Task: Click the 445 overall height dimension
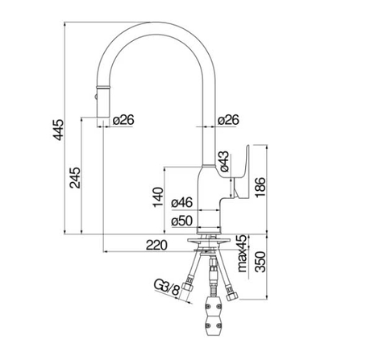(x=57, y=133)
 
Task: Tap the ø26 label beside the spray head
(x=123, y=120)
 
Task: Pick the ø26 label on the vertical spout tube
(x=228, y=120)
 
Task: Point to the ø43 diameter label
(x=225, y=160)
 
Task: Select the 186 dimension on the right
(x=259, y=187)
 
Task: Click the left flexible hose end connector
(x=189, y=289)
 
